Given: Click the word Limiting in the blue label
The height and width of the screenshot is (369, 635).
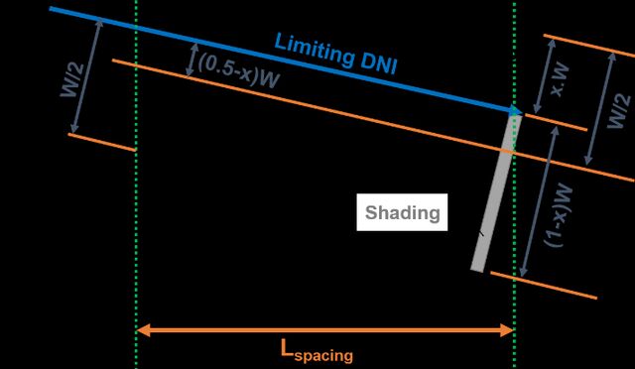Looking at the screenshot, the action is click(314, 51).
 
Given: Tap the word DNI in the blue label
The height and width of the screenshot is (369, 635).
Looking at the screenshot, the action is click(379, 63).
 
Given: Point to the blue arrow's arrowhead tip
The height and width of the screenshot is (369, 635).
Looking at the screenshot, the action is click(523, 113).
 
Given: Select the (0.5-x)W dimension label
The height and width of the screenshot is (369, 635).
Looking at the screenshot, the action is click(239, 70).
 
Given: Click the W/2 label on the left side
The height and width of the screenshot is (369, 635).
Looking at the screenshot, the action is click(72, 79).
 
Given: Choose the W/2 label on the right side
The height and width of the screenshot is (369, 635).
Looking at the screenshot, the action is click(618, 111).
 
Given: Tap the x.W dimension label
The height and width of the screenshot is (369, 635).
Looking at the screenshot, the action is click(560, 81).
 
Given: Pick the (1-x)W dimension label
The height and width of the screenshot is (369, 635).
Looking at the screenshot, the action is click(559, 215).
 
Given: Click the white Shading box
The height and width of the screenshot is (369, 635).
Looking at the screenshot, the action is click(402, 212).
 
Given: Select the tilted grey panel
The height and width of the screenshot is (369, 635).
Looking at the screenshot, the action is click(496, 193).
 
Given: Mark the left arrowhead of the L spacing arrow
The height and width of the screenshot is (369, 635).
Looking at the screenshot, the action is click(138, 330).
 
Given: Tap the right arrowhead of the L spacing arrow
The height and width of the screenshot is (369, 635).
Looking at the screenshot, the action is click(513, 330).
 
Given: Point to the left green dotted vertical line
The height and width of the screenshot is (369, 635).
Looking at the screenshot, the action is click(137, 184).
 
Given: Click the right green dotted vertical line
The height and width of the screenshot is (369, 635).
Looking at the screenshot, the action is click(514, 184).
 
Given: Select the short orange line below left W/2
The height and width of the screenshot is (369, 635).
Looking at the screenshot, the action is click(101, 142).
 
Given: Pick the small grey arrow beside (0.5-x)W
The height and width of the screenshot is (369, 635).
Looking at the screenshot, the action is click(191, 60).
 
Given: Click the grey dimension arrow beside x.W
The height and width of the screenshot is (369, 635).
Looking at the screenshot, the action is click(544, 76).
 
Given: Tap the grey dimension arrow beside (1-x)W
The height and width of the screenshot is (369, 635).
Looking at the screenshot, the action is click(540, 201).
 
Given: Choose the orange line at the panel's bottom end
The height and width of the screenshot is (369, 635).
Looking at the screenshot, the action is click(544, 286).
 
